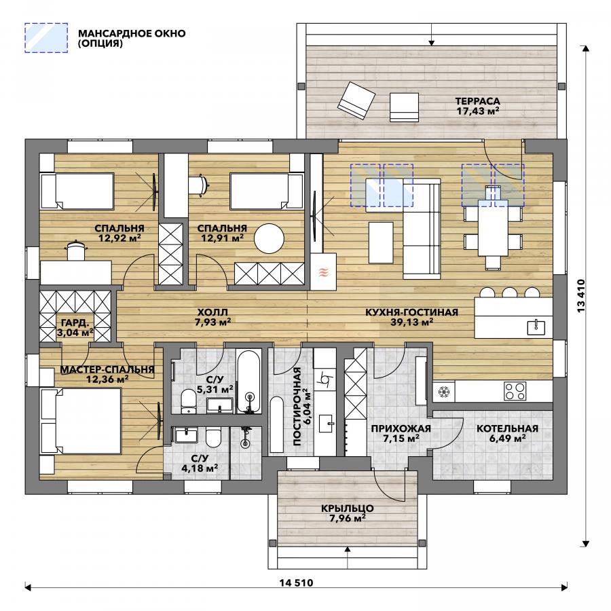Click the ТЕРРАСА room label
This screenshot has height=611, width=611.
(x=478, y=101)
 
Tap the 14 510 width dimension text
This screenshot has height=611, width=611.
(x=296, y=583)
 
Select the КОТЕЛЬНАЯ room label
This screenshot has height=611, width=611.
(x=507, y=428)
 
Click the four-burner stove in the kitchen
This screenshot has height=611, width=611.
(x=515, y=391)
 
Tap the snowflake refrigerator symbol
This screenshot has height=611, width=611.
(x=443, y=392)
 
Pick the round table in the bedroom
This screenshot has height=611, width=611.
(x=270, y=238)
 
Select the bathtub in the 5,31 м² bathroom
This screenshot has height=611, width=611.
(x=248, y=382)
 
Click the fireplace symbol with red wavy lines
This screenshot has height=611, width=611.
(x=323, y=272)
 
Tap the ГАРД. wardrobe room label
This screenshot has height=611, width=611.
(x=75, y=322)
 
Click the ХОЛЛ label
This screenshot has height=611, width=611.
(x=212, y=312)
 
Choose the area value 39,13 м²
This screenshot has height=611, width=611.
(x=412, y=322)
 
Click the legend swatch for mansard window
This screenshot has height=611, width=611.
(x=46, y=38)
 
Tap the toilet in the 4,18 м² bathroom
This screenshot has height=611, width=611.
(x=214, y=438)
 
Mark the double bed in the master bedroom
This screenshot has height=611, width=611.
(x=81, y=420)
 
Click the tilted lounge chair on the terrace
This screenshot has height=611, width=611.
(x=356, y=100)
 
